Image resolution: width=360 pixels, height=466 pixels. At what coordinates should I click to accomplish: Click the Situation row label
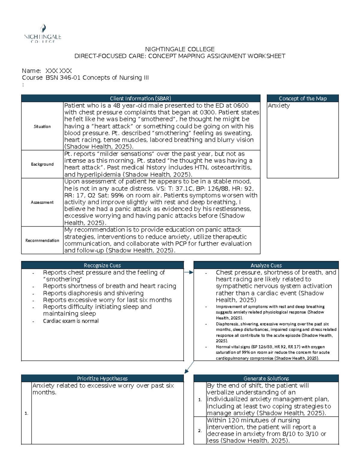pyautogui.click(x=42, y=127)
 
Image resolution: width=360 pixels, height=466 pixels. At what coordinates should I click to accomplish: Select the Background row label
pyautogui.click(x=42, y=164)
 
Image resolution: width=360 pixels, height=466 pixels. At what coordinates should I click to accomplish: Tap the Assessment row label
pyautogui.click(x=42, y=202)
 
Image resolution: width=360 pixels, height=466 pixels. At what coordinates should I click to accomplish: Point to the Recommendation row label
pyautogui.click(x=42, y=240)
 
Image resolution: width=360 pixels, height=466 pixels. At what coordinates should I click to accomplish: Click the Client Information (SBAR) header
pyautogui.click(x=140, y=98)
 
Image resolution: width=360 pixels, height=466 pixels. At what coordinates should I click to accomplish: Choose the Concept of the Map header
pyautogui.click(x=302, y=98)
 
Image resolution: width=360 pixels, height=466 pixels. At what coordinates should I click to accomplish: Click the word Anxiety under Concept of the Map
pyautogui.click(x=279, y=106)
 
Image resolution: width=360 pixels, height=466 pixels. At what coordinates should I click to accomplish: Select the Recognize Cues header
pyautogui.click(x=102, y=265)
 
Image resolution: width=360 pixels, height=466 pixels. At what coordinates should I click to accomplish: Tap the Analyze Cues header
pyautogui.click(x=266, y=265)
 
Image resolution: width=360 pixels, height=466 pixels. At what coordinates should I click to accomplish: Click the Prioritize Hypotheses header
pyautogui.click(x=102, y=378)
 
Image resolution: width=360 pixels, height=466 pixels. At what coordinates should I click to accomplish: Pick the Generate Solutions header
pyautogui.click(x=266, y=378)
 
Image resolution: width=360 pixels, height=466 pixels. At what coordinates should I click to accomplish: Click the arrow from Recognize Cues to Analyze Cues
pyautogui.click(x=189, y=272)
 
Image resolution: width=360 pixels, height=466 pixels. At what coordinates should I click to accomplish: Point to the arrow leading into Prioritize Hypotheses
pyautogui.click(x=189, y=367)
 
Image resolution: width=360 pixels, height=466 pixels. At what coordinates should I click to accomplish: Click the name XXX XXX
pyautogui.click(x=58, y=71)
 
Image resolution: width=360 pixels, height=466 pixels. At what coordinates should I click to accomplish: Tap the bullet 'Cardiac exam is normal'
pyautogui.click(x=70, y=321)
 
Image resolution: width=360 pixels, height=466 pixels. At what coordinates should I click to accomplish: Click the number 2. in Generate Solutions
pyautogui.click(x=200, y=431)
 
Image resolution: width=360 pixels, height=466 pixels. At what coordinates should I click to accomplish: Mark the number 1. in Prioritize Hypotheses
pyautogui.click(x=26, y=413)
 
